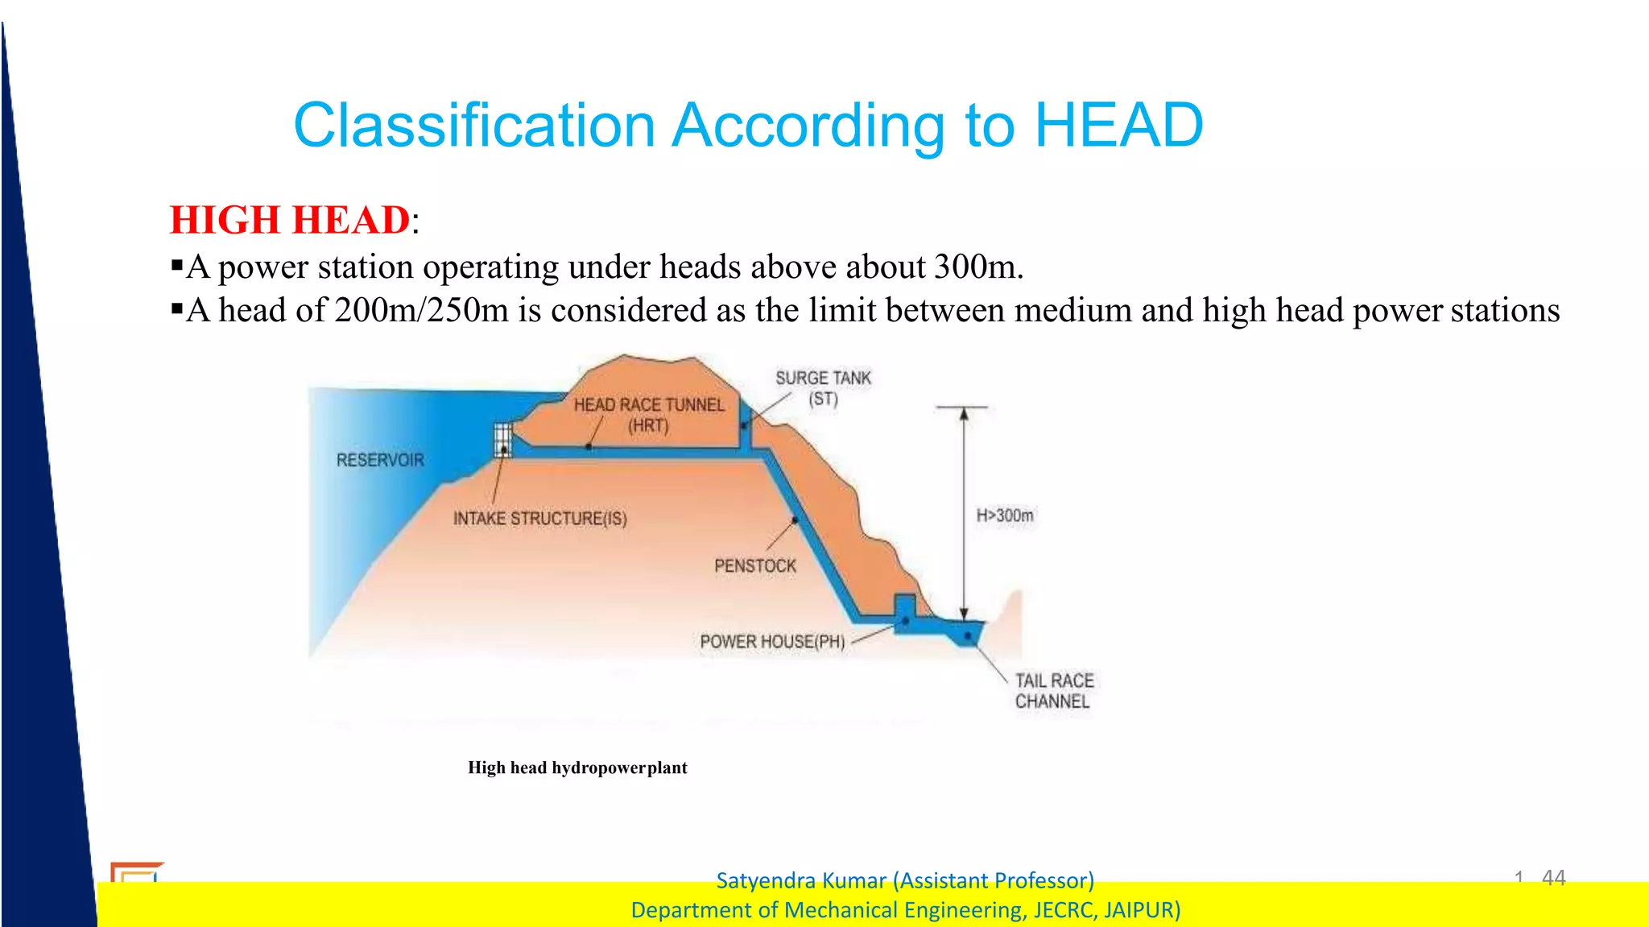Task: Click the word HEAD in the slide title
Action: tap(1118, 126)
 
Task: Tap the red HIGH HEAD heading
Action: tap(290, 220)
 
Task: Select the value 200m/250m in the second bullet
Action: tap(421, 310)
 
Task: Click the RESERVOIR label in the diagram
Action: tap(380, 460)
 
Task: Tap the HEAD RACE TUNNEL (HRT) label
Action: tap(649, 415)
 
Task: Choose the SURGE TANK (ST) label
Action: tap(823, 387)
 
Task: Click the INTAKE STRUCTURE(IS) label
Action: tap(539, 519)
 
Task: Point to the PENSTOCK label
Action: tap(754, 566)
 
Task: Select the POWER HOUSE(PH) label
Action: tap(772, 642)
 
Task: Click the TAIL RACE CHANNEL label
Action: tap(1053, 691)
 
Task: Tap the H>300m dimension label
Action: tap(1005, 515)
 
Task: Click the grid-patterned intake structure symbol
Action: tap(503, 440)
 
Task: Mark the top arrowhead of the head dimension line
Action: tap(963, 414)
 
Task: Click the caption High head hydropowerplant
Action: tap(577, 768)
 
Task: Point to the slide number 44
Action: tap(1553, 877)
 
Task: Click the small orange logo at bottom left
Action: tap(135, 871)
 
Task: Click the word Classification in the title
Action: tap(474, 126)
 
